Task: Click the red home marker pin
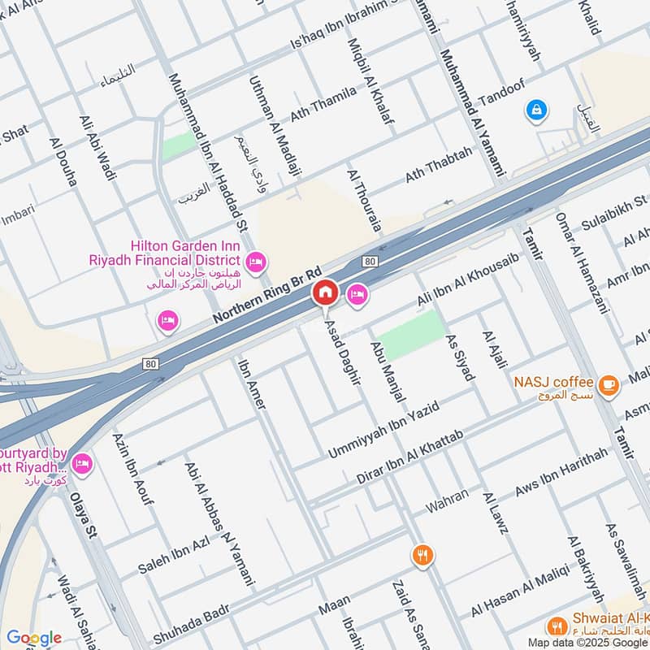(325, 293)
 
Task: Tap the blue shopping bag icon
(535, 108)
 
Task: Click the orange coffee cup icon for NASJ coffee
(607, 383)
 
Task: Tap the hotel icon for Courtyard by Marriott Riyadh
(82, 464)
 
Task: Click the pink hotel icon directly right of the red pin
(357, 295)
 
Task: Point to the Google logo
(33, 638)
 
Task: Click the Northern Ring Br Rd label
(269, 293)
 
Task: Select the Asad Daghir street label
(342, 350)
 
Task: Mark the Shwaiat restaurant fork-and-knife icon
(557, 626)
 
